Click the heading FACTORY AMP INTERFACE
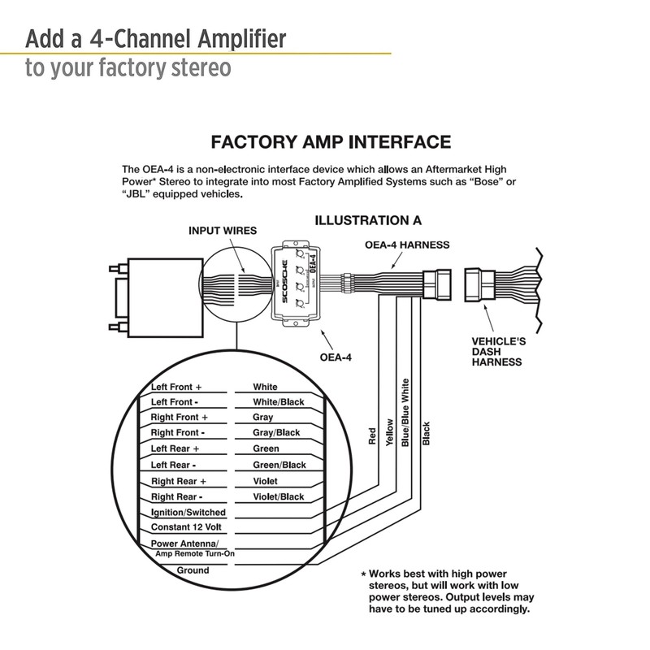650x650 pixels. coord(330,143)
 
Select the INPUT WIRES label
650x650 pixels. coord(222,231)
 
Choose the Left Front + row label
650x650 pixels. coord(176,387)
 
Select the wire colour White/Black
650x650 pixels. coord(278,402)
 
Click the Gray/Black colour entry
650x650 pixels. coord(277,433)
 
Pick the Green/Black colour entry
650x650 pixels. coord(279,465)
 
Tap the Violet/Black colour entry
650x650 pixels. coord(278,496)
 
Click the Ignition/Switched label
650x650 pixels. coord(188,513)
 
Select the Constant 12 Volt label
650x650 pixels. coord(186,527)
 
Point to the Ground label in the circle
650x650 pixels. coord(193,570)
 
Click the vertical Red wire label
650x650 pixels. coord(371,436)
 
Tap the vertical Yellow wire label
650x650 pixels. coord(390,432)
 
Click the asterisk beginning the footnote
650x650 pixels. coord(363,572)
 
